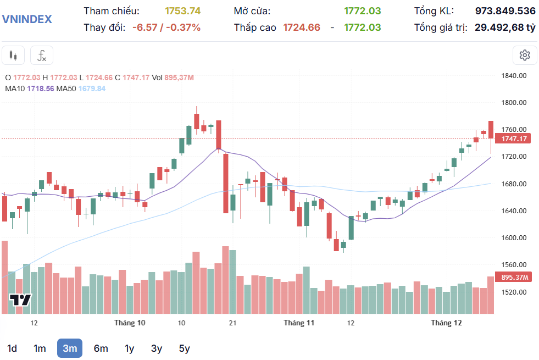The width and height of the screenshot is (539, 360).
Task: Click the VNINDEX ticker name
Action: (27, 19)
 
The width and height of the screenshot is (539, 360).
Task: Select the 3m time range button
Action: (70, 348)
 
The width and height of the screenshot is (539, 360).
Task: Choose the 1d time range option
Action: (12, 348)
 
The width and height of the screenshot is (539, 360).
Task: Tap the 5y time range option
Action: (184, 348)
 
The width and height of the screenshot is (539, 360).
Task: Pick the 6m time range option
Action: (101, 348)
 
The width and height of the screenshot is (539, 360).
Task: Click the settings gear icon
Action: (525, 55)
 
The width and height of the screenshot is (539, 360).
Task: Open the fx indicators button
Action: (42, 56)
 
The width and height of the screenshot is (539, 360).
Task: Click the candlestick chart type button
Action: (14, 56)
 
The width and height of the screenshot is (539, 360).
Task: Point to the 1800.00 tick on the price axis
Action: (514, 103)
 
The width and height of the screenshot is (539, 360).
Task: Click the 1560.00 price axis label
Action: (514, 265)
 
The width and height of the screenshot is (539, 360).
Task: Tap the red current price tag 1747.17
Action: (513, 139)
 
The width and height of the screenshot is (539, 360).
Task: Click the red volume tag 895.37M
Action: (513, 278)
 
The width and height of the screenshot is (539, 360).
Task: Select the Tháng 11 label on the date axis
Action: (299, 323)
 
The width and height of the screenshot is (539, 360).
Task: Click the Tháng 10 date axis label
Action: (130, 323)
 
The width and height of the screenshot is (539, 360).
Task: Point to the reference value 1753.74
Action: (183, 11)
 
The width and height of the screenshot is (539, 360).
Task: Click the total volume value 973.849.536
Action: (505, 11)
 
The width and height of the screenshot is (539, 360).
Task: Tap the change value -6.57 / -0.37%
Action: (166, 27)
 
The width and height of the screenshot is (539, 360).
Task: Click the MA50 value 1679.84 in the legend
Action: (92, 88)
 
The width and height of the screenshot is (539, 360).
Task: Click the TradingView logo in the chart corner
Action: (20, 300)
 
